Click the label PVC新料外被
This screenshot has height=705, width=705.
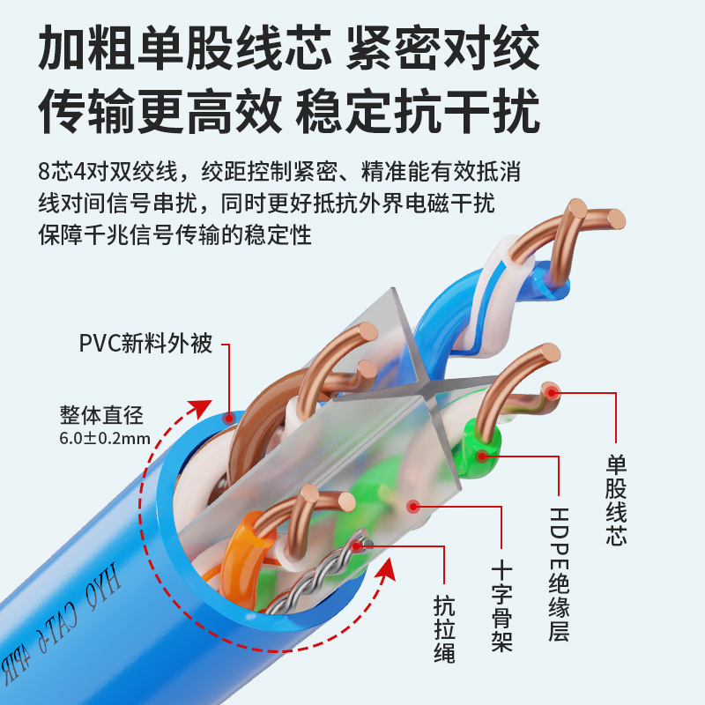(146, 343)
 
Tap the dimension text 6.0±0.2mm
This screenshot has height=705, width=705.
(105, 438)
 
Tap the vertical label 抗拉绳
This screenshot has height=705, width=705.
(444, 629)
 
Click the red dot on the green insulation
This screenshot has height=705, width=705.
(482, 456)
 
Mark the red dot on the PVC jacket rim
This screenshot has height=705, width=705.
(229, 417)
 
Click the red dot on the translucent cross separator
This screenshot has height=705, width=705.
(411, 506)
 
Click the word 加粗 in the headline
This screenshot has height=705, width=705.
(70, 48)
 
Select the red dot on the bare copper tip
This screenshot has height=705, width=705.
(552, 393)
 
